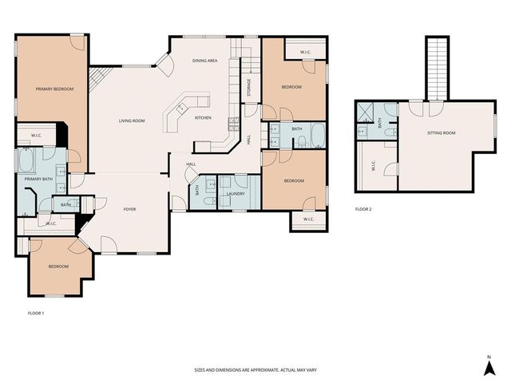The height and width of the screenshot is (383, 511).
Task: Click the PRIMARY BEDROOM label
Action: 54,89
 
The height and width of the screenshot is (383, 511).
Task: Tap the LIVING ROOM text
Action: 132,120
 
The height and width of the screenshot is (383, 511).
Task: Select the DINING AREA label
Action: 206,61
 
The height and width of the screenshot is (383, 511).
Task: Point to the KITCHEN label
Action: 203,118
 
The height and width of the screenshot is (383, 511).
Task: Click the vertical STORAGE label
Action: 249,85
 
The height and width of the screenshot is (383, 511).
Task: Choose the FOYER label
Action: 129,209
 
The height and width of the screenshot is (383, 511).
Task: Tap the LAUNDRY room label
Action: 235,194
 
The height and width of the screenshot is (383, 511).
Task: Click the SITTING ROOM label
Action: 441,132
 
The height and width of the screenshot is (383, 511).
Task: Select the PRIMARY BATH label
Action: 38,180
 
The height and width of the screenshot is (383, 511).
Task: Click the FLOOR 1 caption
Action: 30,313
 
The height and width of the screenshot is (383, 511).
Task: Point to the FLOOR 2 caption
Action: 363,209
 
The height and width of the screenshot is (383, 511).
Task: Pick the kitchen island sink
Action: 183,108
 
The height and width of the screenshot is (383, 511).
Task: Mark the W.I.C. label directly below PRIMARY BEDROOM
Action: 36,136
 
